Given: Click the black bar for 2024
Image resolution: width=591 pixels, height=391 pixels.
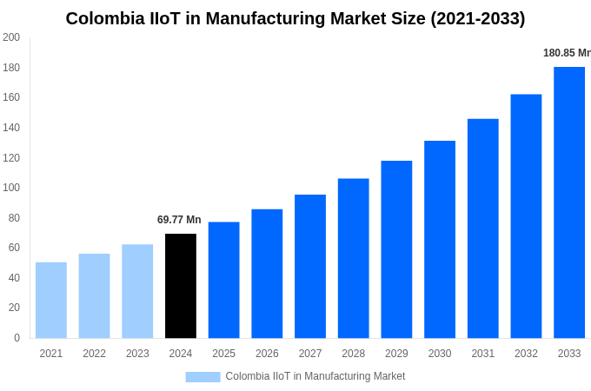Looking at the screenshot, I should tap(181, 286).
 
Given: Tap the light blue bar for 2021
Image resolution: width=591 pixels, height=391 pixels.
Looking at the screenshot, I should tap(51, 300).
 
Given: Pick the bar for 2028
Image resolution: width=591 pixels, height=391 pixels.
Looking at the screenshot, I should tap(354, 258).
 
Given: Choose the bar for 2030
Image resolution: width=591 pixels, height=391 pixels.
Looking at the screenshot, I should tap(440, 239).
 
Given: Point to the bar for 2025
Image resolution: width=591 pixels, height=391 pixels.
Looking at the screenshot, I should tap(223, 280).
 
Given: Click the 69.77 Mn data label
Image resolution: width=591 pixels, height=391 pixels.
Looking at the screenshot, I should tap(179, 220).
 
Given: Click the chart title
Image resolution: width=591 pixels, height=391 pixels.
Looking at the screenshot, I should tap(295, 18).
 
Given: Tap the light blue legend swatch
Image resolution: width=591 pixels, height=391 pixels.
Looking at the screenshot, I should tap(203, 376).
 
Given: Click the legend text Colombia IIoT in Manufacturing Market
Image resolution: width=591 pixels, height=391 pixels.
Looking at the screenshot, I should tap(315, 376).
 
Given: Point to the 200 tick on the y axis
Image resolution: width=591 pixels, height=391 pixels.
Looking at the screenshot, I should tap(11, 37).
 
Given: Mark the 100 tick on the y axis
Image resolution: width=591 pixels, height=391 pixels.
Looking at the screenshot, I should tap(11, 188).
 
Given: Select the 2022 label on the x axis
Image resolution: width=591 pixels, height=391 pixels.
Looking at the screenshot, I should tap(94, 354).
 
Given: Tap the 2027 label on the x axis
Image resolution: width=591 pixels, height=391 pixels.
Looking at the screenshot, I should tap(310, 354).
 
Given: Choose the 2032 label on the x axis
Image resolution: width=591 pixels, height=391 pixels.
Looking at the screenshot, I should tap(526, 354).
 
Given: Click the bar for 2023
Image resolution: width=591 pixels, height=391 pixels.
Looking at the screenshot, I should tap(137, 291).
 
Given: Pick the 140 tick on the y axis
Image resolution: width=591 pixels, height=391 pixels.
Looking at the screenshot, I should tap(11, 128).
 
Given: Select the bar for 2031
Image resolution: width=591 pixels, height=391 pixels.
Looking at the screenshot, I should tap(483, 229).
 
